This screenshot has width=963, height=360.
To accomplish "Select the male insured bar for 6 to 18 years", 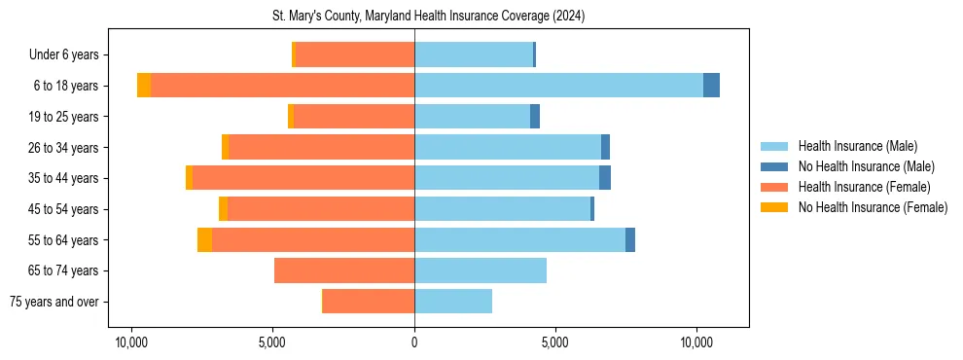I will point(558,86).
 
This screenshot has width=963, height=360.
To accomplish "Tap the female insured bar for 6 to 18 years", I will point(282,86).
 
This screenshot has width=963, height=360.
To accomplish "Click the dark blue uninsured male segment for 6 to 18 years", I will point(711,86).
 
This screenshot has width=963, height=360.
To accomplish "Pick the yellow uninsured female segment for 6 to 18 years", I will point(144,86).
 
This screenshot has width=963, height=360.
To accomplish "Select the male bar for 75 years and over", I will point(453,302).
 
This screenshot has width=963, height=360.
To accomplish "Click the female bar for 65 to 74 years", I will point(344,270).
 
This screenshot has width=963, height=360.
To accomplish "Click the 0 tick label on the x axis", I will point(414,343).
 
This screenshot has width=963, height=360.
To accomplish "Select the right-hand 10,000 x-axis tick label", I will point(696,343).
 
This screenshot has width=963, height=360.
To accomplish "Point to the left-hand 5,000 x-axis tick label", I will point(272,343).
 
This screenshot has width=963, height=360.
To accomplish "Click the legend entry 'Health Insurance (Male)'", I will point(857,147).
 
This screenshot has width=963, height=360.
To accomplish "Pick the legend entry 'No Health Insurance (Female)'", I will point(873,207).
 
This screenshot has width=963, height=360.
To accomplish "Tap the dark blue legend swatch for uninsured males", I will point(774,167).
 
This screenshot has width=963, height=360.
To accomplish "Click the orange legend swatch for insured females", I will point(774,187).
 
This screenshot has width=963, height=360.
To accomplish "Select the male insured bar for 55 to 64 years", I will point(519,239).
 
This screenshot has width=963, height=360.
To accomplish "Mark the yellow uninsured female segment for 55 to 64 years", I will point(204,239).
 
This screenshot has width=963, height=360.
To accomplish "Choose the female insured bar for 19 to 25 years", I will point(354,117).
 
